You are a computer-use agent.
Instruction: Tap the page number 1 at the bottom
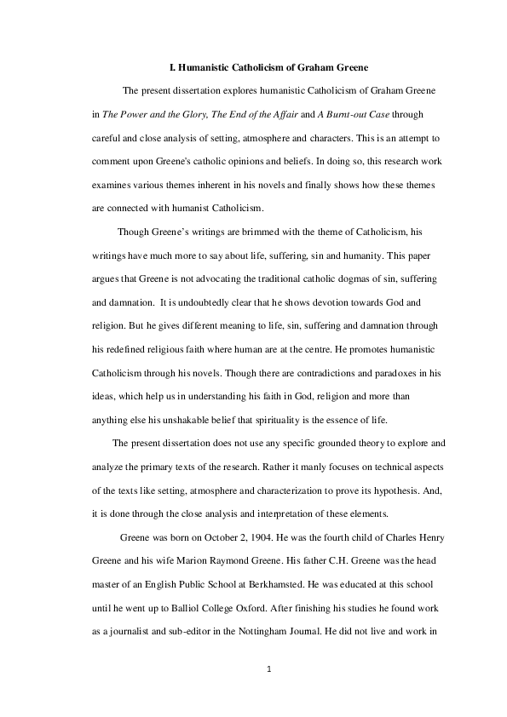[269, 668]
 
